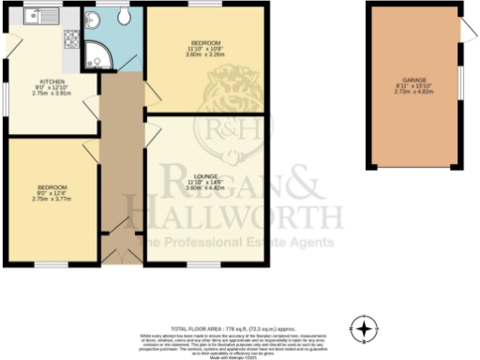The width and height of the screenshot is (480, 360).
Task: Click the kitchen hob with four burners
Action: coord(70,38)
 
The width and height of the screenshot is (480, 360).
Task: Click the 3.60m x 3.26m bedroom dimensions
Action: coord(205,55)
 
